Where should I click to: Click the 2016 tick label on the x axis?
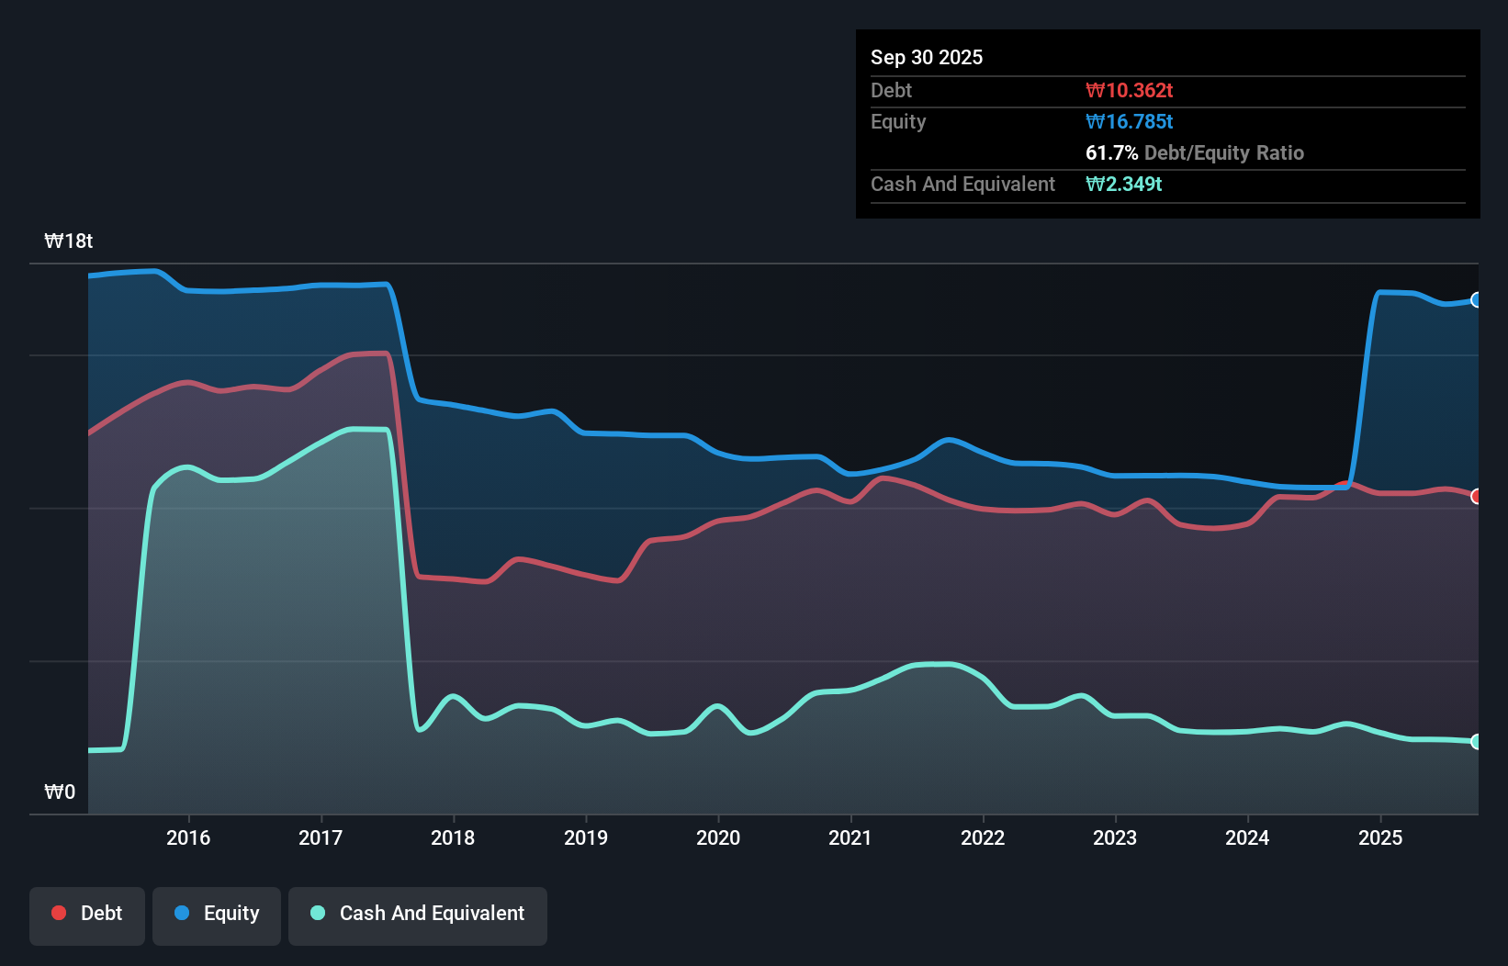pyautogui.click(x=188, y=837)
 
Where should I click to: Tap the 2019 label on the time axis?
pyautogui.click(x=586, y=837)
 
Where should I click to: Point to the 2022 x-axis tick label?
pyautogui.click(x=983, y=837)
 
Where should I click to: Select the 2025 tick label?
pyautogui.click(x=1379, y=837)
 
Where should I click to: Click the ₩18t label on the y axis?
pyautogui.click(x=69, y=241)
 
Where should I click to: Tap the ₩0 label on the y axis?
pyautogui.click(x=60, y=792)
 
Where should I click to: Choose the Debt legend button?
pyautogui.click(x=87, y=914)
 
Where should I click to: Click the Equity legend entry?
pyautogui.click(x=217, y=914)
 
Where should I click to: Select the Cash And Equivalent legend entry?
pyautogui.click(x=418, y=914)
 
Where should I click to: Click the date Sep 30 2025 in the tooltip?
pyautogui.click(x=927, y=58)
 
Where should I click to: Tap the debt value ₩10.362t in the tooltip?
pyautogui.click(x=1129, y=91)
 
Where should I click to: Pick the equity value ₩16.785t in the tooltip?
pyautogui.click(x=1129, y=122)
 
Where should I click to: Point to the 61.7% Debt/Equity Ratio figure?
pyautogui.click(x=1194, y=153)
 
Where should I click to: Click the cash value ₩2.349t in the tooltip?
pyautogui.click(x=1123, y=185)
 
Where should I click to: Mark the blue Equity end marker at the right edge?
pyautogui.click(x=1477, y=300)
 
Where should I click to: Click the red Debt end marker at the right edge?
pyautogui.click(x=1477, y=497)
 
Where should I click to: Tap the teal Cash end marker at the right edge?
pyautogui.click(x=1477, y=742)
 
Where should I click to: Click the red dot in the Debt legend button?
pyautogui.click(x=59, y=913)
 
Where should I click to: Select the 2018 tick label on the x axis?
pyautogui.click(x=453, y=837)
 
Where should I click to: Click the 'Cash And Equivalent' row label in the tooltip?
pyautogui.click(x=962, y=185)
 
